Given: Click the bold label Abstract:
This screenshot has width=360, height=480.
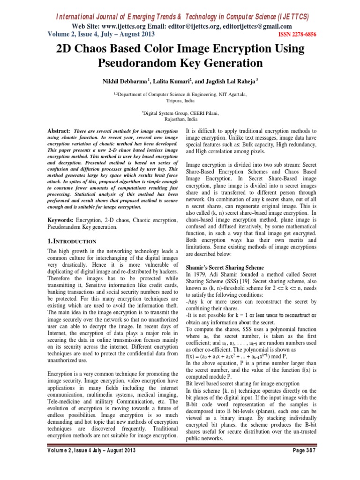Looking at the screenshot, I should [59, 130].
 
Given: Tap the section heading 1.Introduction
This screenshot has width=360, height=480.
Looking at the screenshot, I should [73, 241].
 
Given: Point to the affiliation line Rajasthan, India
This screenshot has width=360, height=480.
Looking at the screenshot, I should [180, 119].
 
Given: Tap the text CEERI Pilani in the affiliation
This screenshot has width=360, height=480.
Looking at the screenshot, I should [202, 113].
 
